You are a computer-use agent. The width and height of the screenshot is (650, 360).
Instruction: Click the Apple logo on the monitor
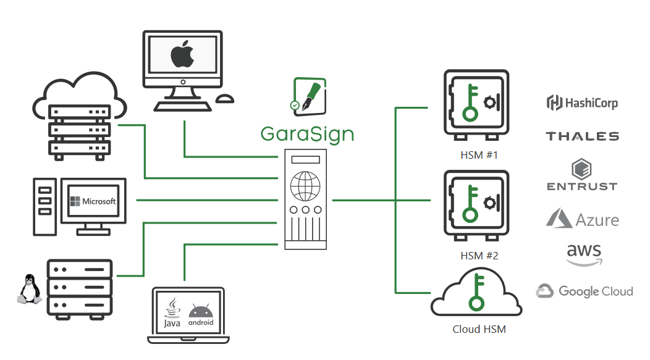point(182,55)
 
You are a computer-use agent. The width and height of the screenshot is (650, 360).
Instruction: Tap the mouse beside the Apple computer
point(224,99)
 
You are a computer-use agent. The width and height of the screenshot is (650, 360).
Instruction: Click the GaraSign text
point(307,133)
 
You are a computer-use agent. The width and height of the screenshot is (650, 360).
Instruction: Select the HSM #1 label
point(479,155)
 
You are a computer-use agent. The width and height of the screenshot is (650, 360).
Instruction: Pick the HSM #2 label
point(479,256)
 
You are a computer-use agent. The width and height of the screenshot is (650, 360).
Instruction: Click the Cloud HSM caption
point(479,329)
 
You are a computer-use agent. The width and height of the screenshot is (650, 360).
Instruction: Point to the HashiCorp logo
point(582,103)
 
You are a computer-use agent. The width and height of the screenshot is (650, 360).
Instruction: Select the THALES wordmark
point(582,136)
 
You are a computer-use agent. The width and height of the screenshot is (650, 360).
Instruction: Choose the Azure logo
point(582,219)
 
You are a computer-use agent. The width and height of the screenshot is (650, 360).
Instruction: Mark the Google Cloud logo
point(585,291)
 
